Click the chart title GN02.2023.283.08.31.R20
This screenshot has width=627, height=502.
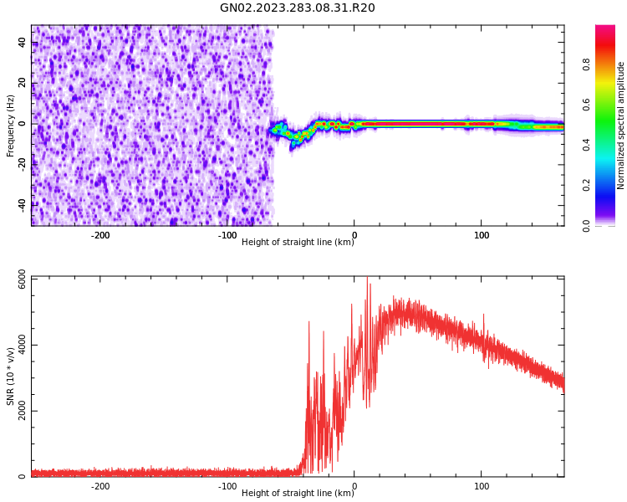[x=298, y=8]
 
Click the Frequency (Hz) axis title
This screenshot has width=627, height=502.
[x=11, y=125]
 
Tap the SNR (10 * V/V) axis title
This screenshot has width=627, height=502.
[x=11, y=376]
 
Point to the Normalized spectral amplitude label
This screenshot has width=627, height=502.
[x=621, y=125]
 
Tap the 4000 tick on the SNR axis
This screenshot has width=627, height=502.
[x=17, y=346]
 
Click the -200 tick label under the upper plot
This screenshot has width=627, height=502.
[x=99, y=235]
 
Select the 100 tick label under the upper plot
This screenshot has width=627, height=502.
[x=482, y=235]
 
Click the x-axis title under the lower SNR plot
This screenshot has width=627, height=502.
[x=298, y=494]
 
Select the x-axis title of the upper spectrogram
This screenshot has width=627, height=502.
[x=298, y=243]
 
